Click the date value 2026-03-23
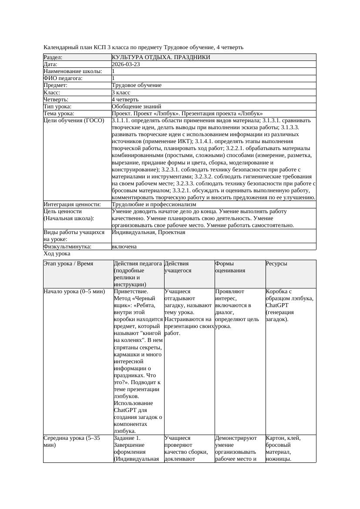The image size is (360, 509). pyautogui.click(x=126, y=64)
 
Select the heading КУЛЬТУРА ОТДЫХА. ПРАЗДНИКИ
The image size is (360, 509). pyautogui.click(x=161, y=57)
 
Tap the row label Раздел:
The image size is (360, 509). pyautogui.click(x=53, y=57)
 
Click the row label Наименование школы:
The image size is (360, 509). pyautogui.click(x=73, y=71)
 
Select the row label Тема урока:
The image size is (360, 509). pyautogui.click(x=59, y=114)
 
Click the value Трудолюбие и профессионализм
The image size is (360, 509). pyautogui.click(x=154, y=204)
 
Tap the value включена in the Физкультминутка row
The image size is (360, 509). pyautogui.click(x=124, y=247)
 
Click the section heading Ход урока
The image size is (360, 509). pyautogui.click(x=57, y=254)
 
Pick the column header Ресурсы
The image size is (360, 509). pyautogui.click(x=276, y=264)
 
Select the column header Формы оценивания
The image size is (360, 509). pyautogui.click(x=230, y=267)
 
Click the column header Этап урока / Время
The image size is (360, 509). pyautogui.click(x=68, y=264)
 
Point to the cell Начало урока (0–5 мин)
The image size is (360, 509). pyautogui.click(x=74, y=291)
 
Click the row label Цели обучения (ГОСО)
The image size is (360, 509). pyautogui.click(x=74, y=121)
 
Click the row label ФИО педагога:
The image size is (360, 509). pyautogui.click(x=63, y=78)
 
